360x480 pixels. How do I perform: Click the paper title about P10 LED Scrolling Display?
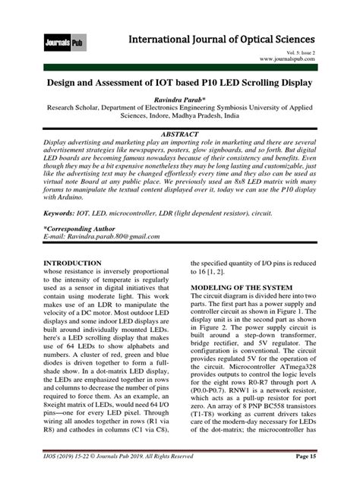pos(180,81)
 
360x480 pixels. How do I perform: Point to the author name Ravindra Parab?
pos(180,99)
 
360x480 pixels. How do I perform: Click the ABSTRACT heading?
pos(180,131)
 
